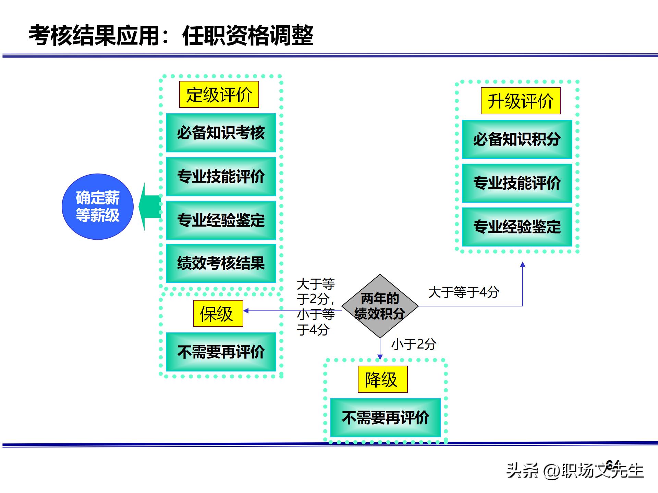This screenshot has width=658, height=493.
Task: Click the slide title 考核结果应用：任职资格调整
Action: pos(171,35)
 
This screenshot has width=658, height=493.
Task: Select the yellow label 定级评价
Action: pos(219,94)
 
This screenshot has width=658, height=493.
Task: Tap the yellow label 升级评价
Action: pos(520,101)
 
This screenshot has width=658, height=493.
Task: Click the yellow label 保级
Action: pos(218,314)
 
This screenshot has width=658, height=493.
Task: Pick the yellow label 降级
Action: pos(382,379)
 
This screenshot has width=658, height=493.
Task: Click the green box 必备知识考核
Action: pos(221,133)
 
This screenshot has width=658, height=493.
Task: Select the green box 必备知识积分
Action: pos(517,139)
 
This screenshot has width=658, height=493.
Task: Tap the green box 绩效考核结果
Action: pos(221,263)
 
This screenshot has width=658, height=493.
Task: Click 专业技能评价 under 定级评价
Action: pos(221,177)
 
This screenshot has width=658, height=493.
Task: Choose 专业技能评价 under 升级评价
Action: pos(517,183)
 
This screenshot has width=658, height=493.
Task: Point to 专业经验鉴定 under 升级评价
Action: pos(517,227)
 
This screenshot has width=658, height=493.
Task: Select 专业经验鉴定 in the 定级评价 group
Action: pos(221,220)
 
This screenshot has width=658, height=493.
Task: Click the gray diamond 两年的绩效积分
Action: pos(380,306)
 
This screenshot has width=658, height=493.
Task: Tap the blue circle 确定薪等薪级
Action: pos(98,206)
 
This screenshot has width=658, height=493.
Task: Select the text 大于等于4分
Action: pos(463,292)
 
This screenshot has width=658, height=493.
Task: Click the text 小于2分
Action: pos(414,344)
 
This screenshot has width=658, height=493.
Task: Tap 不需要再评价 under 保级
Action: pos(221,352)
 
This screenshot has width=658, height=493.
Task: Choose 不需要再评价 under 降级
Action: pos(385,418)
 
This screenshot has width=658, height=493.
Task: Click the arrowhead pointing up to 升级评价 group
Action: pos(522,265)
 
